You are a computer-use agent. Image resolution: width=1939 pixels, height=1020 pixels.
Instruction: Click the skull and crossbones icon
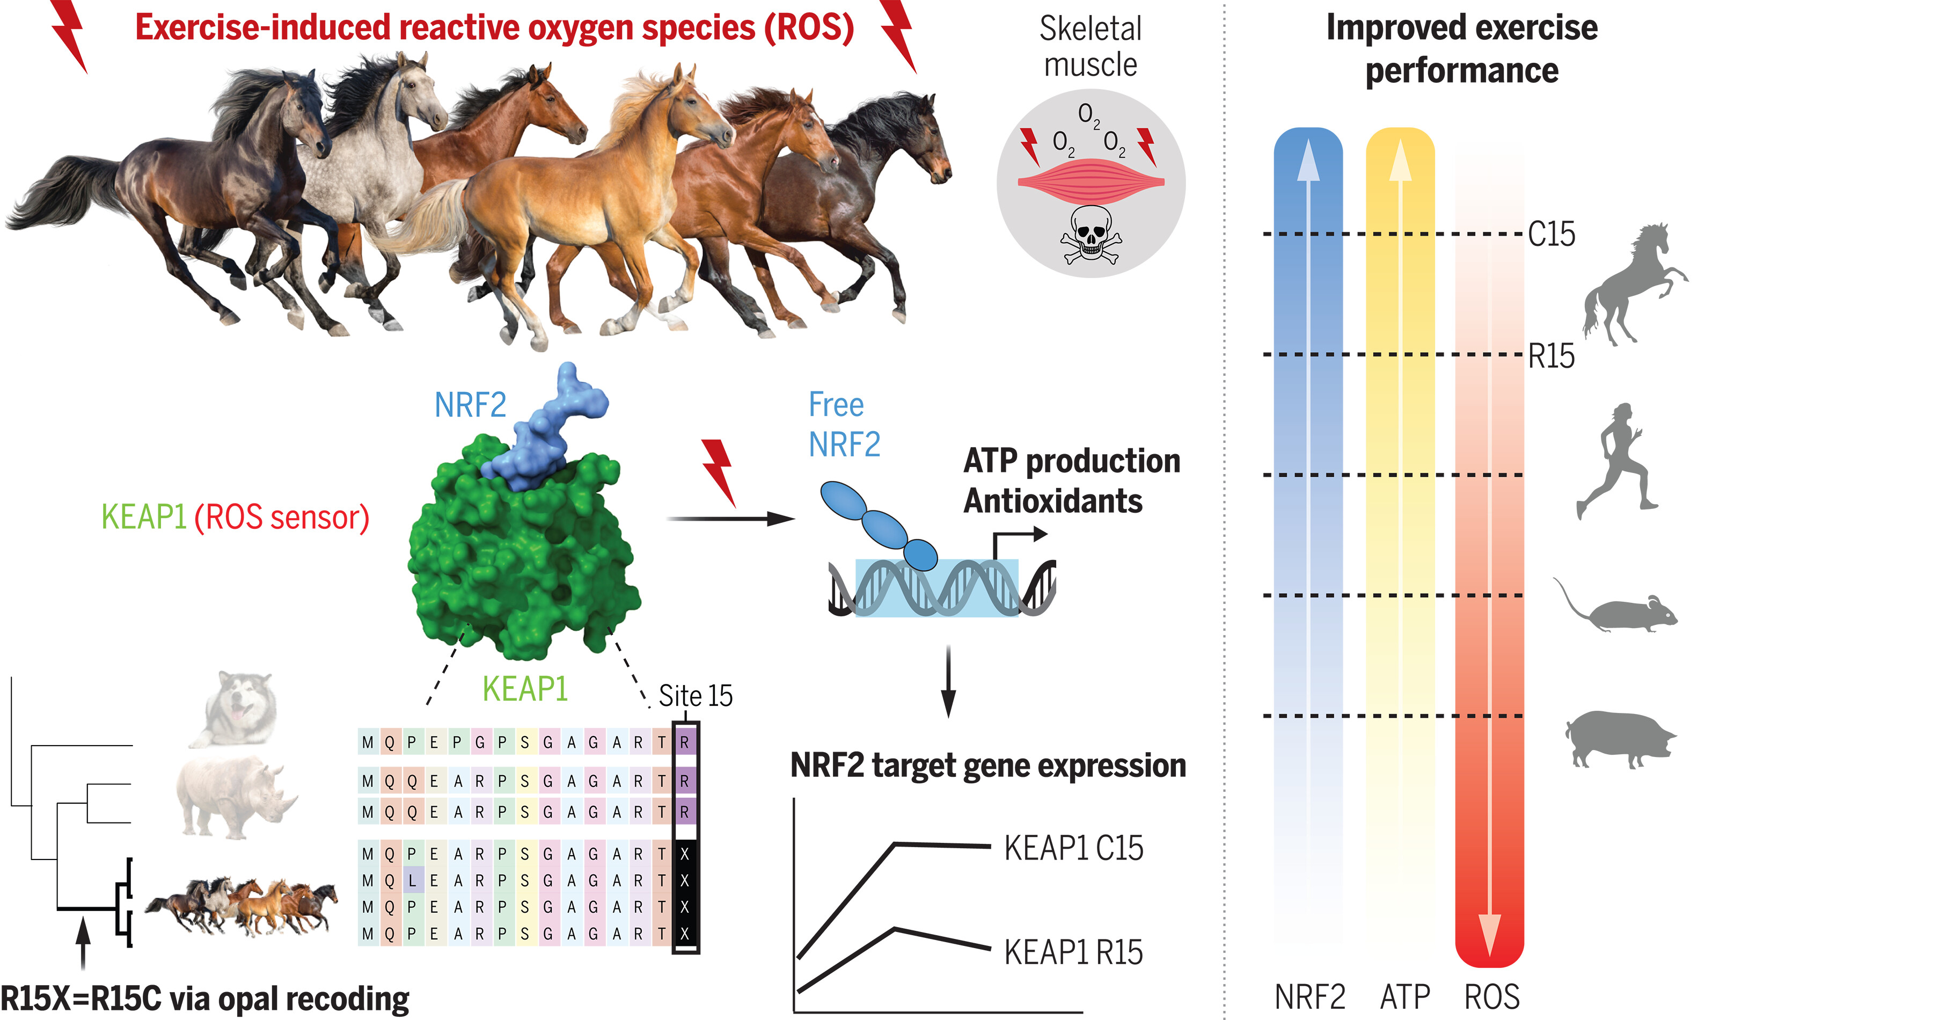pyautogui.click(x=1091, y=234)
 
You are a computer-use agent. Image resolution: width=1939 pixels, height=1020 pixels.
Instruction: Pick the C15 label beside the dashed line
pyautogui.click(x=1552, y=234)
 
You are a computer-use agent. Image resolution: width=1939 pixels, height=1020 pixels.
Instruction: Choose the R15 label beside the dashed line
pyautogui.click(x=1552, y=356)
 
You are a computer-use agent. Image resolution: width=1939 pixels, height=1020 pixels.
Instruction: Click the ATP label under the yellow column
pyautogui.click(x=1404, y=997)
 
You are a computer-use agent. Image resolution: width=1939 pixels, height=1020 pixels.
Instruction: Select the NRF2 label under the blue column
pyautogui.click(x=1309, y=997)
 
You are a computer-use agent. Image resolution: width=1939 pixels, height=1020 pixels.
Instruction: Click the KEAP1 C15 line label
pyautogui.click(x=1073, y=848)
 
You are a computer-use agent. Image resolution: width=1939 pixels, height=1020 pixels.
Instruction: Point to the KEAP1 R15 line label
pyautogui.click(x=1073, y=952)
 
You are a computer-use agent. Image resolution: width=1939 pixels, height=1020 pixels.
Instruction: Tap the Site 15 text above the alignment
pyautogui.click(x=695, y=696)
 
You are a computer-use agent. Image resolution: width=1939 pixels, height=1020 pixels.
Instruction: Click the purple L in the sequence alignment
pyautogui.click(x=413, y=880)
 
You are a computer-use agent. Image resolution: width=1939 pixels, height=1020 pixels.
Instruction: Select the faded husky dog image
pyautogui.click(x=237, y=708)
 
